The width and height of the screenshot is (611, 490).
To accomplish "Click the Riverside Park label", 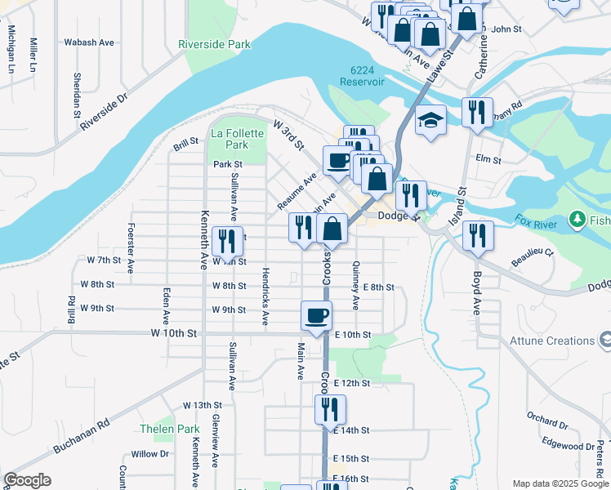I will (x=215, y=44).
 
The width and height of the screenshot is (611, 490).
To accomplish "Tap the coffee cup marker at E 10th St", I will (x=316, y=315).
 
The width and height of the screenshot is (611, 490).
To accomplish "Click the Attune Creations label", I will (x=551, y=341).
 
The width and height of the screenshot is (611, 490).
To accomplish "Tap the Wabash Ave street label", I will (x=89, y=42).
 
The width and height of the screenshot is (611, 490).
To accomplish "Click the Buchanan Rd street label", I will (x=81, y=437).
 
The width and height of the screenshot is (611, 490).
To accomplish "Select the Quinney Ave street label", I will (x=355, y=286).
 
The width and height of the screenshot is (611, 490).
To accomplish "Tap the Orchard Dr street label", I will (x=547, y=419).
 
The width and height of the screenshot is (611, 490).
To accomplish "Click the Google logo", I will (x=27, y=480).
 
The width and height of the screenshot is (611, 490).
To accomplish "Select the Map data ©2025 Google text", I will (x=560, y=483).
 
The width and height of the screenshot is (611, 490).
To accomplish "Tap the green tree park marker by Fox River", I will (x=578, y=220).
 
